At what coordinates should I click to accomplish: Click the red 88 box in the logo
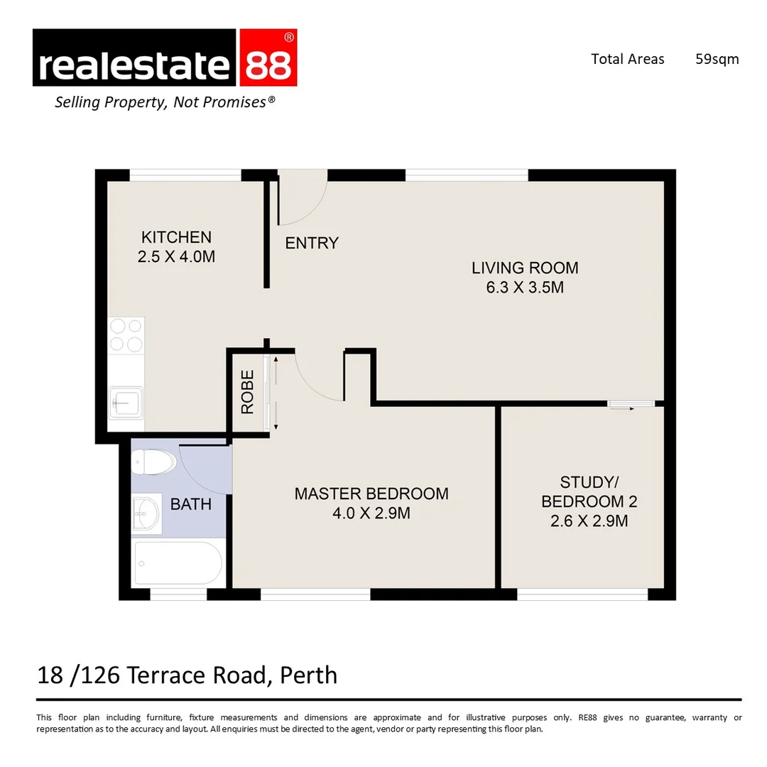click(267, 58)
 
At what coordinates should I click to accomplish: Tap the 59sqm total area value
click(717, 59)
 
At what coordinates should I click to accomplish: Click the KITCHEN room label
click(176, 237)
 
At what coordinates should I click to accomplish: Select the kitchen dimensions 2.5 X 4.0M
click(176, 256)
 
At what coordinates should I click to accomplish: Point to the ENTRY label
click(312, 243)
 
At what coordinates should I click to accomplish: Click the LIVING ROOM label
click(525, 268)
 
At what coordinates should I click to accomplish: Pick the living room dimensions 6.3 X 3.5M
click(525, 287)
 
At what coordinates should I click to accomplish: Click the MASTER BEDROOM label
click(371, 494)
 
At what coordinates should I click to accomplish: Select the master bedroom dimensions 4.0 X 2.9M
click(371, 513)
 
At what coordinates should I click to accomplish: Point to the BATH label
click(191, 504)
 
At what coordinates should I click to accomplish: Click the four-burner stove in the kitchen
click(126, 335)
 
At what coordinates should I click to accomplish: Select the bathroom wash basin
click(147, 513)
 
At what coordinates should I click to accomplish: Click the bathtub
click(178, 562)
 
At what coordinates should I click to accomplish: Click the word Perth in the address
click(308, 674)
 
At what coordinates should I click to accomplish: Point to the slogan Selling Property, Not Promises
click(165, 102)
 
